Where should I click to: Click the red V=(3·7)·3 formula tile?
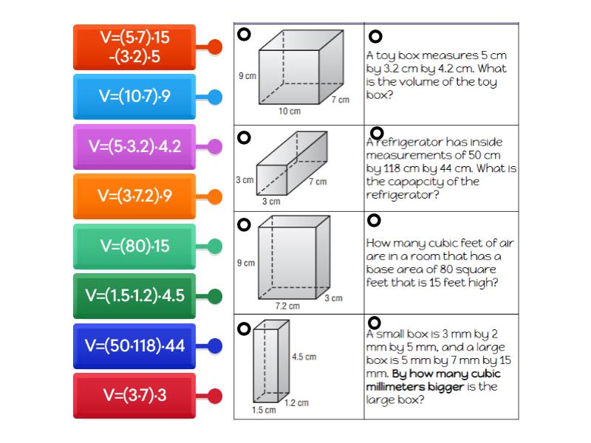pos(134,396)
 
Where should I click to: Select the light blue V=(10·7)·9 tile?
pos(134,97)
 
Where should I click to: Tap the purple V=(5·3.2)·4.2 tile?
pos(134,146)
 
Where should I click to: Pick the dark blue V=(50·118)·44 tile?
pos(134,346)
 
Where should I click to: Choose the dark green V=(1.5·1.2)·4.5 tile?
pos(134,296)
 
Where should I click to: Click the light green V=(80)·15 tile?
pos(134,246)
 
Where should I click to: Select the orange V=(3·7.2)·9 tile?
pos(134,196)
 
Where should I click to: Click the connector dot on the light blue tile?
pos(214,97)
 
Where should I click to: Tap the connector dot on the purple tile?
pos(214,146)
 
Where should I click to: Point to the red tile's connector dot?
pos(214,396)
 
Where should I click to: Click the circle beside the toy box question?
pos(375,36)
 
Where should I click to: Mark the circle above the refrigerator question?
pos(377,133)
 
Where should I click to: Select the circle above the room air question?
pos(374,220)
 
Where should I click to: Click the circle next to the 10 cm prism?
pos(244,34)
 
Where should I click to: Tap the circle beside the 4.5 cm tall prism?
pos(244,329)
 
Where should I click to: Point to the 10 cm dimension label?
pos(290,111)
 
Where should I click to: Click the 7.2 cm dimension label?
pos(287,306)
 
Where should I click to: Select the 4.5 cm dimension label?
pos(304,357)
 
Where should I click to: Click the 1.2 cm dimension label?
pos(296,403)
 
